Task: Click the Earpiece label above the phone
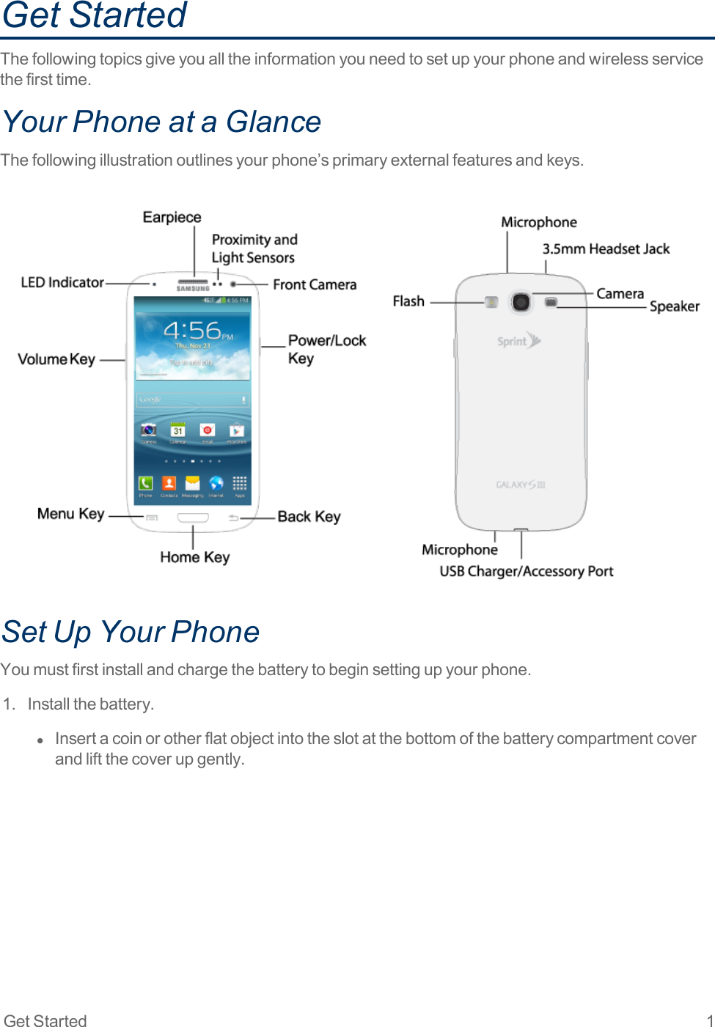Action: click(172, 218)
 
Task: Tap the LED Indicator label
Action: click(62, 282)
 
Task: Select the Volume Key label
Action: click(56, 359)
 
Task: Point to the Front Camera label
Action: click(315, 284)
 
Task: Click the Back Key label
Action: click(309, 517)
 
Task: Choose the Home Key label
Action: click(195, 557)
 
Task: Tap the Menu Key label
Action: click(70, 514)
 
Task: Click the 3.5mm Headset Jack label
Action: click(606, 249)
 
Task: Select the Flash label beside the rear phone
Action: click(408, 301)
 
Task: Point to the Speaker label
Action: click(674, 306)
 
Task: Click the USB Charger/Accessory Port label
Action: click(526, 571)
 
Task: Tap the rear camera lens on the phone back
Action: click(521, 301)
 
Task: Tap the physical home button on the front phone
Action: click(193, 518)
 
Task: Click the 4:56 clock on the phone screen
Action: click(192, 331)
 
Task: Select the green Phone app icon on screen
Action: click(146, 483)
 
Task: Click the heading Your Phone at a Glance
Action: click(162, 122)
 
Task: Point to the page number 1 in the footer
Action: click(709, 1020)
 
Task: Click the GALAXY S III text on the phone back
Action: click(521, 485)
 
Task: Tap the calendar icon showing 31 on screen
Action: click(177, 430)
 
